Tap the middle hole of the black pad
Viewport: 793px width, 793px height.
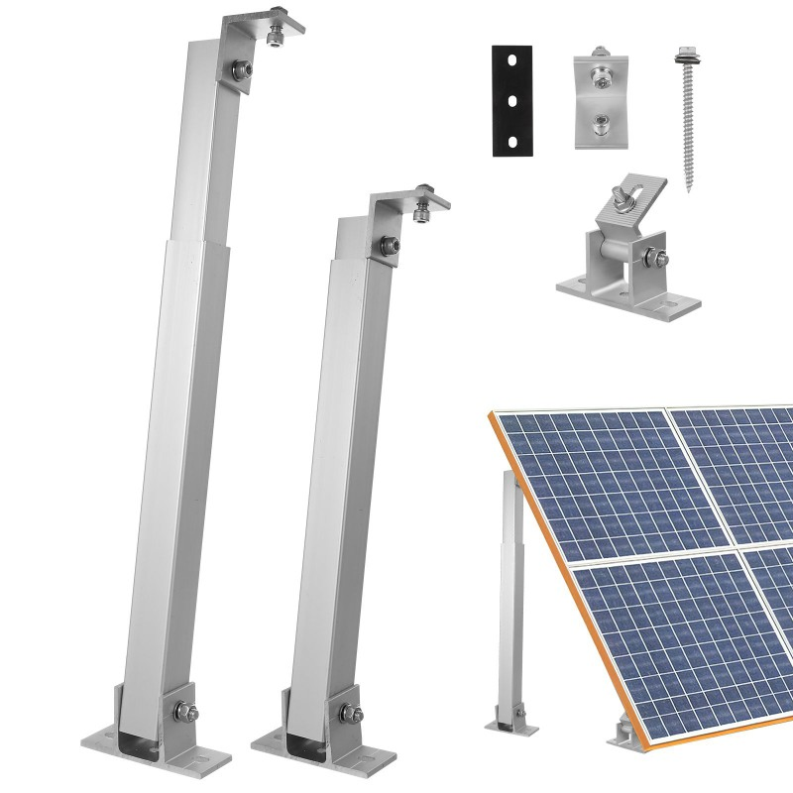[511, 100]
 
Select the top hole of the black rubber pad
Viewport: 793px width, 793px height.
[511, 61]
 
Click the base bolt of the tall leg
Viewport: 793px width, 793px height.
[180, 710]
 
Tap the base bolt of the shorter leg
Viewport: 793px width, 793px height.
[350, 711]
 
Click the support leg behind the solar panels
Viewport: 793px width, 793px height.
[512, 595]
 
